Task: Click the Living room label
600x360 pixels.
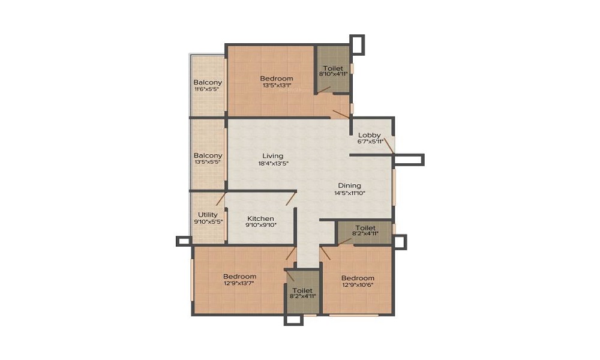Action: point(273,156)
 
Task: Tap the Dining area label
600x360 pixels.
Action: point(349,185)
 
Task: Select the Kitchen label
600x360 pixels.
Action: point(260,218)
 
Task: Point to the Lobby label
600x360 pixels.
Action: point(369,135)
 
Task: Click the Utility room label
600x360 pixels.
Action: point(208,215)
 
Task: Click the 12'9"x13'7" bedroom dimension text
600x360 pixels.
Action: point(239,283)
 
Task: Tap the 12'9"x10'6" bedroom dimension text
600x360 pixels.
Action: point(358,284)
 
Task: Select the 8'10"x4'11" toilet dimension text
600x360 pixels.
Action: point(334,74)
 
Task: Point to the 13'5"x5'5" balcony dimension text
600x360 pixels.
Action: point(208,162)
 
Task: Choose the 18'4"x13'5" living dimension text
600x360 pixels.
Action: point(273,163)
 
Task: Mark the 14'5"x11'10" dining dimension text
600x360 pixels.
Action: point(350,193)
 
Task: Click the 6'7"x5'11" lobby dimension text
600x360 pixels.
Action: point(370,141)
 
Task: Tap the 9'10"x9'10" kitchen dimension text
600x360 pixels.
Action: point(260,225)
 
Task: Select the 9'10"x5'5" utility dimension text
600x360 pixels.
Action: point(209,221)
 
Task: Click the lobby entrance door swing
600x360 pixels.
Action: point(389,146)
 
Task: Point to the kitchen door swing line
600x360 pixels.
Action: point(291,198)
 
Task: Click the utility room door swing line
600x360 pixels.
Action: point(221,199)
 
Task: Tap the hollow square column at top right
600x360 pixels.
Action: point(357,45)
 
